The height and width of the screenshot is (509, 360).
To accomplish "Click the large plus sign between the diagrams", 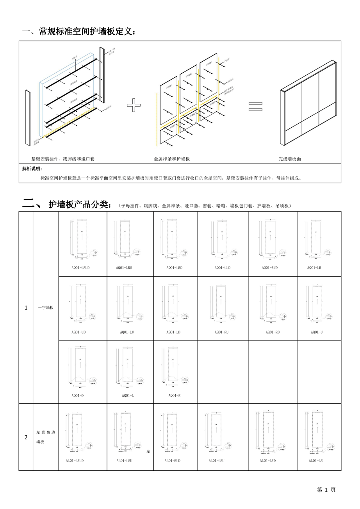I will (x=134, y=105).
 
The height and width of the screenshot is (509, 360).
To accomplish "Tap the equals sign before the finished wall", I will (x=256, y=106).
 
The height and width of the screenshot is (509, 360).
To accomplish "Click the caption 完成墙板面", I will (x=290, y=159).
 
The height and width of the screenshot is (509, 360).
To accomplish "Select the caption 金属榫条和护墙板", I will (x=172, y=159).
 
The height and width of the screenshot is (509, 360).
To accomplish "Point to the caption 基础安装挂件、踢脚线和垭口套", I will (x=63, y=159).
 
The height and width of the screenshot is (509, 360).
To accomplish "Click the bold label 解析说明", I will (x=33, y=169).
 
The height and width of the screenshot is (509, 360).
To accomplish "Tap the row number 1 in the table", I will (x=26, y=308).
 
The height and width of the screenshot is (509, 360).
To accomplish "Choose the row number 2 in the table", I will (x=26, y=437).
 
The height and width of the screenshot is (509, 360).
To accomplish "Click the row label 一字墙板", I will (x=46, y=308).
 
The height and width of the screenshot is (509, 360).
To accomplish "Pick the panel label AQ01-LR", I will (x=314, y=268).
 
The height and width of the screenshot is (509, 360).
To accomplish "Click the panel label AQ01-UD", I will (x=78, y=332).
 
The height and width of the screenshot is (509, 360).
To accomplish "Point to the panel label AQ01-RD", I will (x=273, y=332).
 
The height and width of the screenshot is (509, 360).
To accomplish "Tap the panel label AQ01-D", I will (x=77, y=395).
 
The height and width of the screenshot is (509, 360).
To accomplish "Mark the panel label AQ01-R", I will (x=174, y=395).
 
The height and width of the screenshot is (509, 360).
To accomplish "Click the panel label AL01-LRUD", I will (x=75, y=461).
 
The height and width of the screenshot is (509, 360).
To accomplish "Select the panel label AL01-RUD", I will (x=173, y=461).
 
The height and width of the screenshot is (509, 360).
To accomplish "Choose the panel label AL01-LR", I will (x=315, y=461).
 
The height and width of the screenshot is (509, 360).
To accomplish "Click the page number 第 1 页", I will (x=326, y=490).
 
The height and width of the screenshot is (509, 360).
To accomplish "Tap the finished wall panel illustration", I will (x=308, y=103).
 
